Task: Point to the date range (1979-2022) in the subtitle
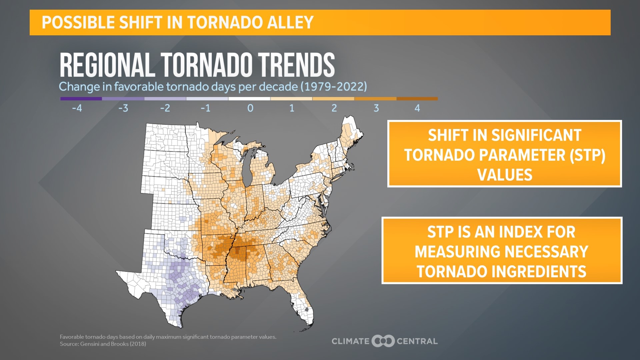pyautogui.click(x=333, y=87)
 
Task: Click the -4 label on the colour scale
pyautogui.click(x=77, y=108)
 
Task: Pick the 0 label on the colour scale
pyautogui.click(x=250, y=108)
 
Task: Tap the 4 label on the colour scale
pyautogui.click(x=417, y=108)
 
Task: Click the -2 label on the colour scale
pyautogui.click(x=165, y=108)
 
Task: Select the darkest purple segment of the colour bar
pyautogui.click(x=81, y=99)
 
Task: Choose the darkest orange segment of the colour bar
pyautogui.click(x=417, y=99)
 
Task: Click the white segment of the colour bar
pyautogui.click(x=249, y=99)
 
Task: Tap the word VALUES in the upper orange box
pyautogui.click(x=505, y=175)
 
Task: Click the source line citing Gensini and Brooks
pyautogui.click(x=103, y=344)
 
